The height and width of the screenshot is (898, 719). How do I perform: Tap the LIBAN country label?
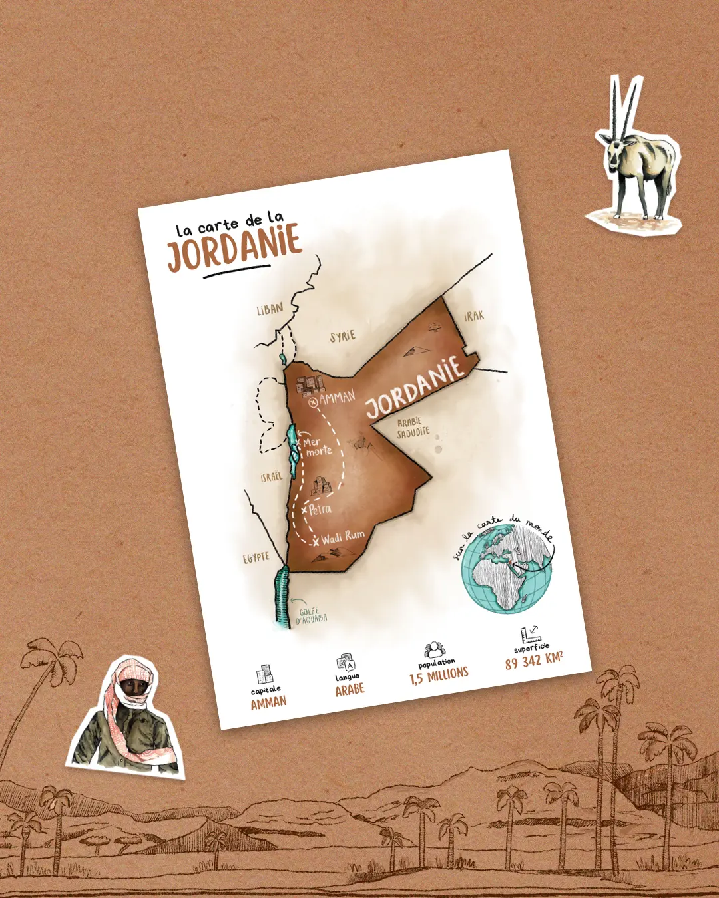point(270,309)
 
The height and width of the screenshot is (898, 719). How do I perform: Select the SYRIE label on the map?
point(343,336)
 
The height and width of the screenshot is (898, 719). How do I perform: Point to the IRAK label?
point(474,316)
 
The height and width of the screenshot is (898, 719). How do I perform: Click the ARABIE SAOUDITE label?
point(413,428)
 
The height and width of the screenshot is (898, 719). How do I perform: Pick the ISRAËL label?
point(272,477)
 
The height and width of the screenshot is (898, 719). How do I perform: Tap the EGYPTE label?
point(256,557)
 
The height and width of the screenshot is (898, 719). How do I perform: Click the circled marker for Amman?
point(313,402)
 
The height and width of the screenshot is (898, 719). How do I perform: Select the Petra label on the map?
point(320,509)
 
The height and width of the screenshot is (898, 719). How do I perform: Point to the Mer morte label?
point(318,446)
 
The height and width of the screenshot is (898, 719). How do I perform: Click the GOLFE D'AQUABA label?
point(310,615)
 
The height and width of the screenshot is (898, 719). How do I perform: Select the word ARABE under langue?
point(350,690)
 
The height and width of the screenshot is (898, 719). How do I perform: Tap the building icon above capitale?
point(264,673)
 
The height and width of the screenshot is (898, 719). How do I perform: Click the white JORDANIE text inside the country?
point(414,386)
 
